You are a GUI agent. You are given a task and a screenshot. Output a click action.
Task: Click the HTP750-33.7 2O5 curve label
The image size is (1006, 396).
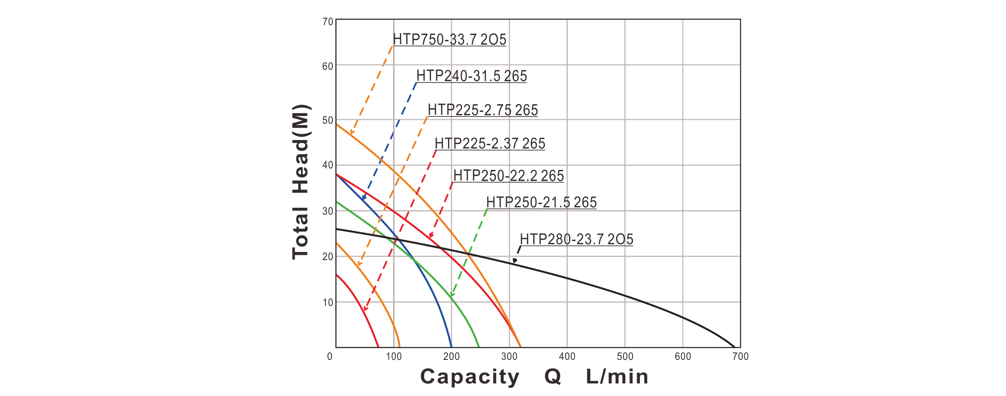(450, 40)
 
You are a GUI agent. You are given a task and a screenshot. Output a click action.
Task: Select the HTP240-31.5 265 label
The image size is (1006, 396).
(472, 76)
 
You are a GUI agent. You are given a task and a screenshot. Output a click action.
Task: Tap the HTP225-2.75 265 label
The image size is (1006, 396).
(483, 110)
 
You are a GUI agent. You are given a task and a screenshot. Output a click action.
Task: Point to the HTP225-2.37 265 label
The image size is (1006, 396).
(490, 144)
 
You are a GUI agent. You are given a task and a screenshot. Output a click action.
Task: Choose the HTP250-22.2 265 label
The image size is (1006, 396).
(508, 176)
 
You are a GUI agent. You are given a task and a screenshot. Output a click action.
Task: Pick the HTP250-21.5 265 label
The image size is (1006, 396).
(541, 202)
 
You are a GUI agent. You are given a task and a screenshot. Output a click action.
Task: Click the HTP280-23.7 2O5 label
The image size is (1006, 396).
(576, 239)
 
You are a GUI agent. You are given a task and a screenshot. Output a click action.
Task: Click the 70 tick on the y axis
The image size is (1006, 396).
(329, 22)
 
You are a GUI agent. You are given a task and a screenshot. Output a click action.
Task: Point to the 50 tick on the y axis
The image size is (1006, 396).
(329, 121)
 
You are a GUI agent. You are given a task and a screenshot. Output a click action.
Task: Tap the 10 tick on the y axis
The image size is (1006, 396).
(329, 303)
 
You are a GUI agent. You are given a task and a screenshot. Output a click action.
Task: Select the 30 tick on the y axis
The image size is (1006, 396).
(329, 212)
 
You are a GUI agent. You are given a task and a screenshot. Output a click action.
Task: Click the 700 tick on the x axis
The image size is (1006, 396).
(741, 357)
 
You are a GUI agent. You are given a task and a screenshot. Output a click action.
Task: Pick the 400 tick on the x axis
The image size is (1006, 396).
(567, 357)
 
